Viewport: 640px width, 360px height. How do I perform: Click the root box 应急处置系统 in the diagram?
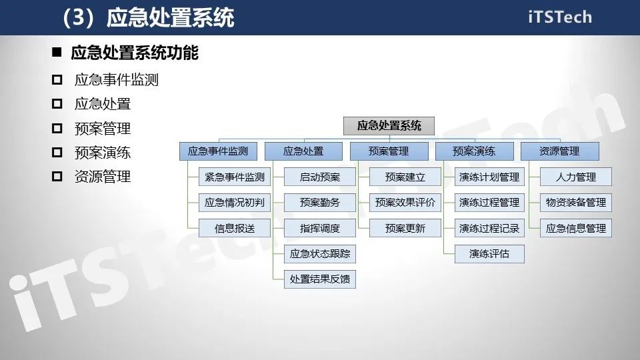(x=389, y=125)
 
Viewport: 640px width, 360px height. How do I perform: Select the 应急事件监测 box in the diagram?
(x=218, y=151)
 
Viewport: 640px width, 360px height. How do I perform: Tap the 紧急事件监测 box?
(x=235, y=177)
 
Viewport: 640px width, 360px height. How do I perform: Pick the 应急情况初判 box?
(x=235, y=203)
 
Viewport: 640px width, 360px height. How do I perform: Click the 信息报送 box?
(x=235, y=228)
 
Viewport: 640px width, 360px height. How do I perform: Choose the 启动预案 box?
(x=320, y=177)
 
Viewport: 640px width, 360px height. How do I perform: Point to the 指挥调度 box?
(x=320, y=228)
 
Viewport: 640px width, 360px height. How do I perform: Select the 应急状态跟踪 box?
(x=320, y=253)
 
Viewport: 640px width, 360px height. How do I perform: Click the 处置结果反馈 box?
(x=320, y=279)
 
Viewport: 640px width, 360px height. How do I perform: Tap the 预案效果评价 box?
(x=405, y=203)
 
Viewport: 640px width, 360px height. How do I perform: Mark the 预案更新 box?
(x=405, y=228)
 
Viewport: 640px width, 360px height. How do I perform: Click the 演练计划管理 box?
(x=490, y=177)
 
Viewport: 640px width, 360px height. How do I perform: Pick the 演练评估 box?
(x=490, y=253)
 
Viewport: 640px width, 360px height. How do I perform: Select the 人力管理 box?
(x=576, y=177)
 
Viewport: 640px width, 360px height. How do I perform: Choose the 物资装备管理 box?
(x=576, y=203)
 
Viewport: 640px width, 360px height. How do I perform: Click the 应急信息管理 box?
(x=576, y=228)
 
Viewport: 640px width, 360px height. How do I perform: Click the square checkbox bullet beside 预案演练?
(x=57, y=153)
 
